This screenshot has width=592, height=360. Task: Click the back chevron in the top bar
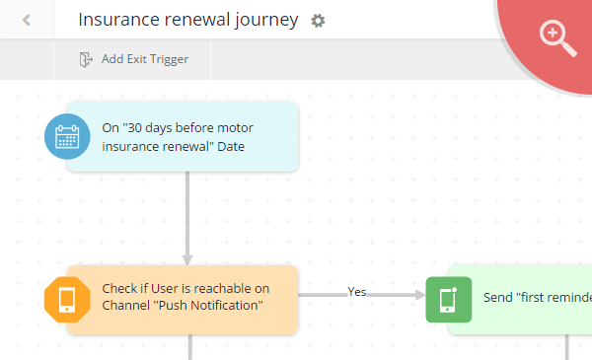point(26,20)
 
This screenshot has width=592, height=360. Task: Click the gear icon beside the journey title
point(318,21)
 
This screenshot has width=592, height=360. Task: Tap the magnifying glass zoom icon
point(557,37)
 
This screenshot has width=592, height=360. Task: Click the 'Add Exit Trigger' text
point(145,59)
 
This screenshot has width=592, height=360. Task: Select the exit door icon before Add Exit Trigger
point(86,59)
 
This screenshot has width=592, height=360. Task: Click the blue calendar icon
point(67,136)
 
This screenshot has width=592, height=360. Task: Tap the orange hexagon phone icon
point(67,298)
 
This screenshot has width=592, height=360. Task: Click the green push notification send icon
point(448,298)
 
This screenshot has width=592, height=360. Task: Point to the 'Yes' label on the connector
point(357,291)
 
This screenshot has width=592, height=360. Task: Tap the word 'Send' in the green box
point(498,297)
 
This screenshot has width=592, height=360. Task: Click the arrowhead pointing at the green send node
point(417,295)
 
